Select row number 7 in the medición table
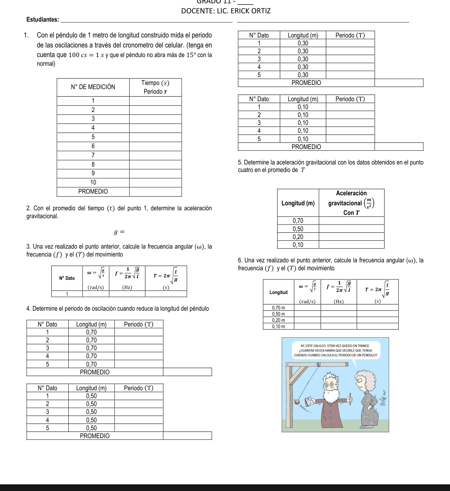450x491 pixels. pyautogui.click(x=93, y=155)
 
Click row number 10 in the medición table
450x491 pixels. pyautogui.click(x=93, y=182)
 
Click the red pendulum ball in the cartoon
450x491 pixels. pyautogui.click(x=297, y=401)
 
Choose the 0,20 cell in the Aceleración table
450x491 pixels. pyautogui.click(x=298, y=237)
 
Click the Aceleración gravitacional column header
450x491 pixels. pyautogui.click(x=351, y=203)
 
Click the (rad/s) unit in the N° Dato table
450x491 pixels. pyautogui.click(x=96, y=287)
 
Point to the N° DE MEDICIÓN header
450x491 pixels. pyautogui.click(x=93, y=87)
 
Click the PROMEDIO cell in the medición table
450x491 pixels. pyautogui.click(x=93, y=192)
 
